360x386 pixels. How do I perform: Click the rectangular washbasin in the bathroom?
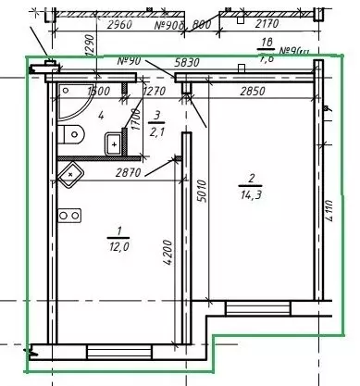[x=112, y=143]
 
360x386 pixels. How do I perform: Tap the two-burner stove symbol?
[x=68, y=217]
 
